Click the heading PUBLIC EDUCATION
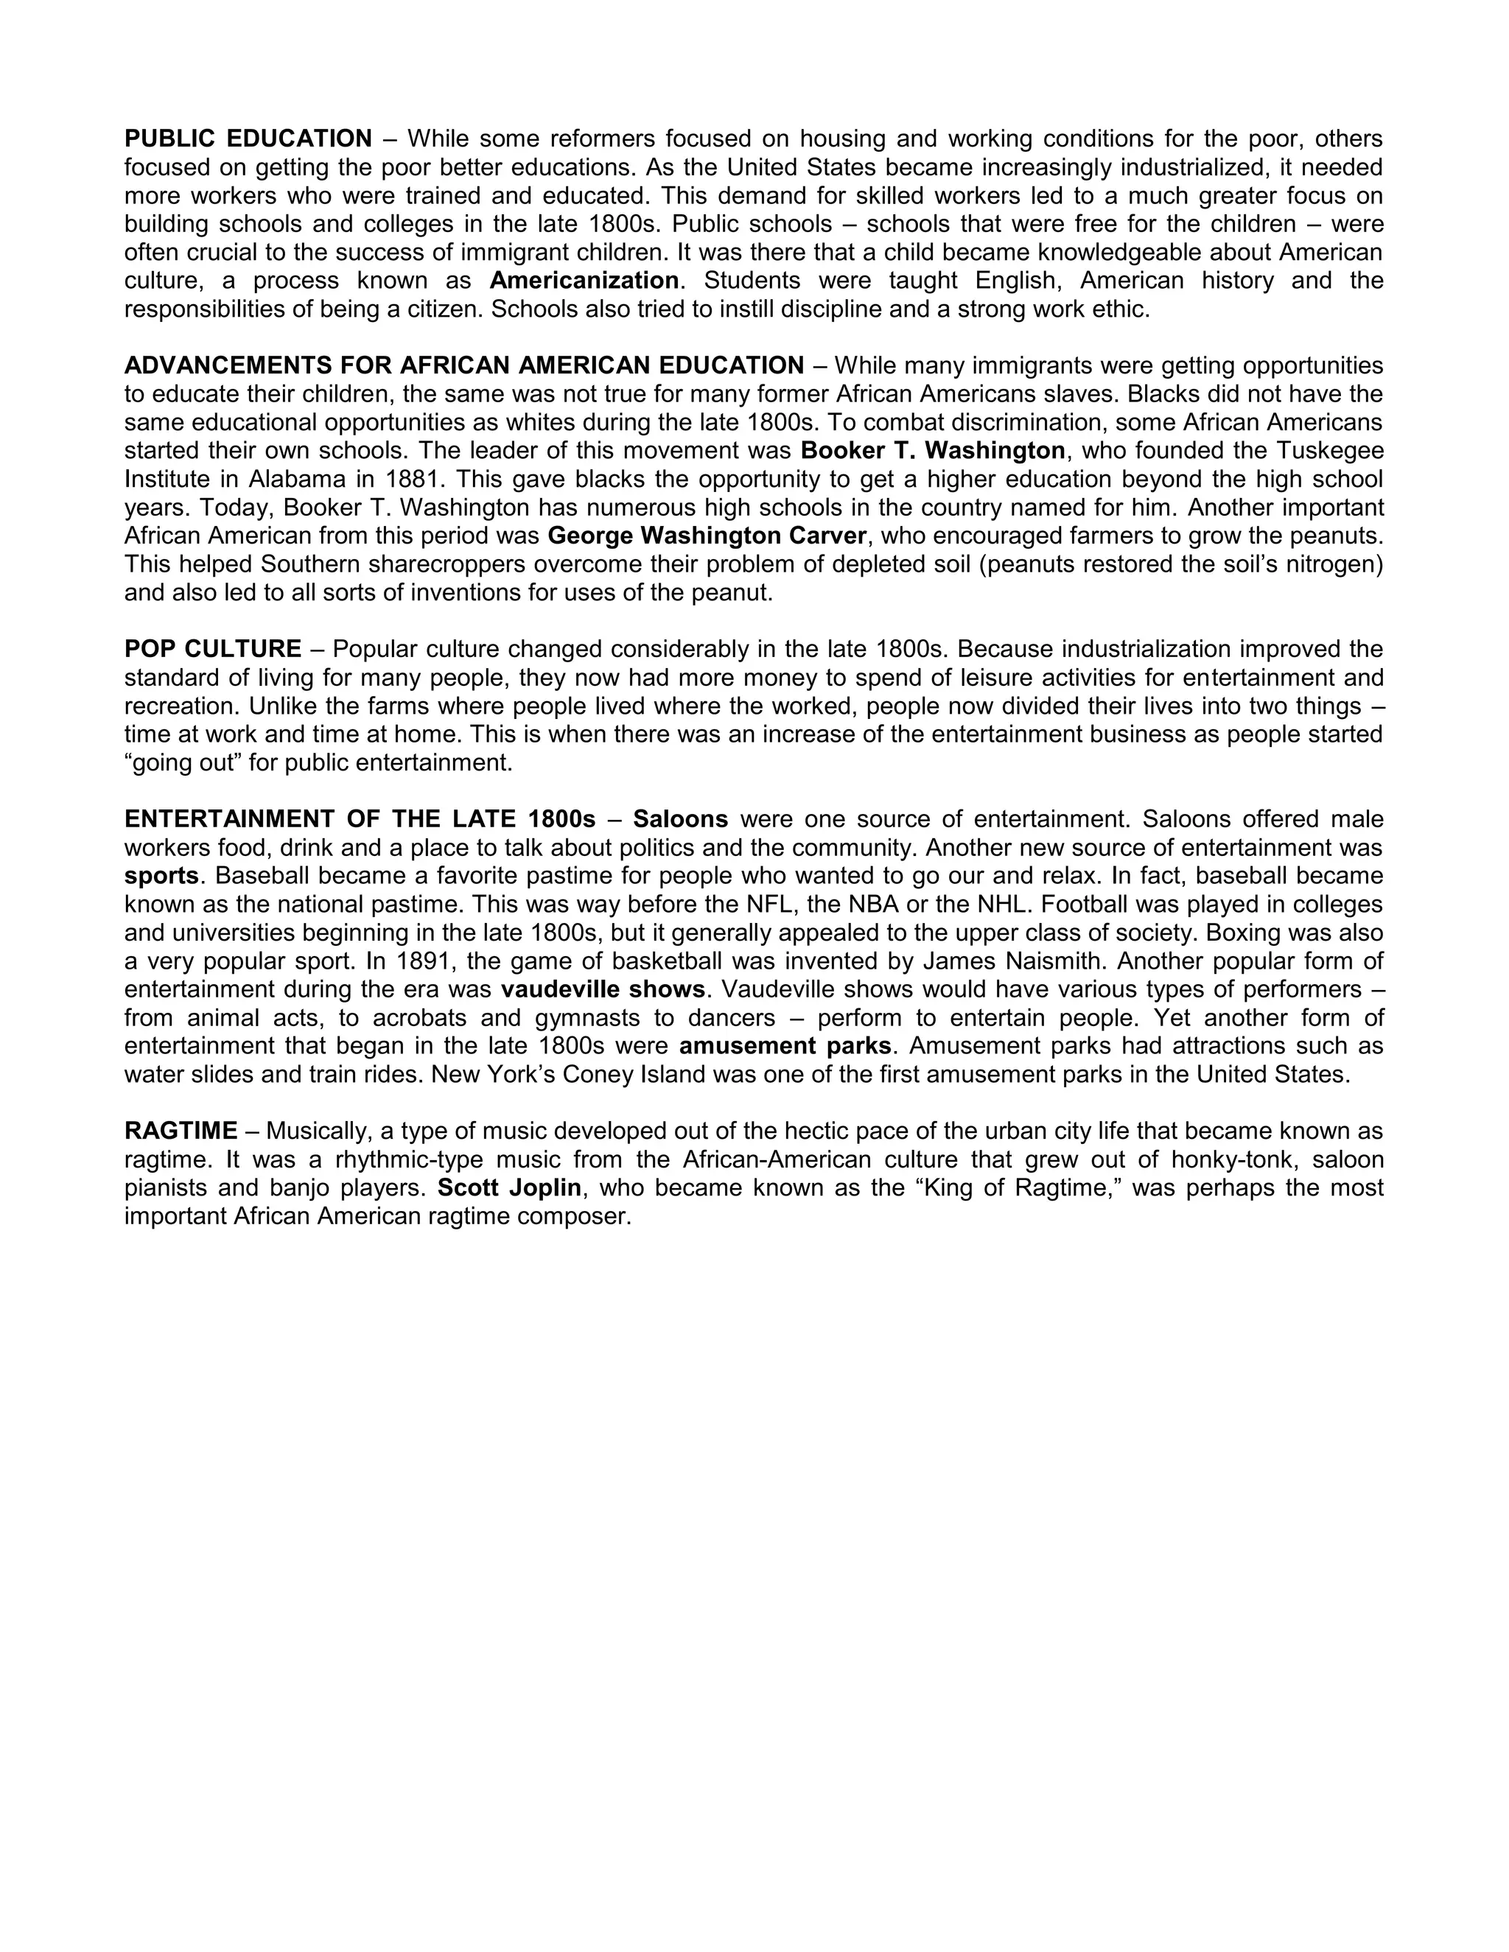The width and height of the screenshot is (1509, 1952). click(248, 138)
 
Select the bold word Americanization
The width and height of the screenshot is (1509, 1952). click(584, 281)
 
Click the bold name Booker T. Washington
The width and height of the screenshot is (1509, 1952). click(932, 451)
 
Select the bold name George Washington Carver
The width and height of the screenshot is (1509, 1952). click(706, 536)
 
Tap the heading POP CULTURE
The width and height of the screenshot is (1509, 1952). click(213, 649)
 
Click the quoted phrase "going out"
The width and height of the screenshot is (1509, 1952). click(183, 763)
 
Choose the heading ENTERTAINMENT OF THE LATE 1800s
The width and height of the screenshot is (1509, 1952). click(360, 820)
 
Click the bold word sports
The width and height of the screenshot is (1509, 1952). click(161, 876)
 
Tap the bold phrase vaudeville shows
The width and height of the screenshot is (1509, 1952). click(603, 990)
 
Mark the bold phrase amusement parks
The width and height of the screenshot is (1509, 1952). click(785, 1047)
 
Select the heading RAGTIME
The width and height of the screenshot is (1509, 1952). click(181, 1131)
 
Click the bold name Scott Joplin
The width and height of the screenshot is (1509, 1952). click(508, 1189)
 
